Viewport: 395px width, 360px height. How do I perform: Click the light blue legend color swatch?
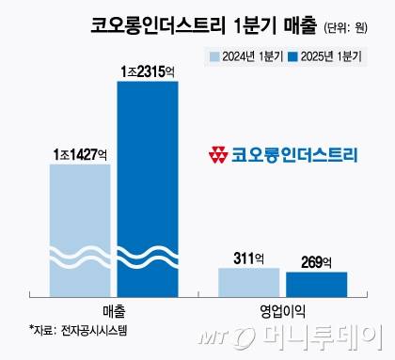[214, 55]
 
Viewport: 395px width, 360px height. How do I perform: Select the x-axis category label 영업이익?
[282, 309]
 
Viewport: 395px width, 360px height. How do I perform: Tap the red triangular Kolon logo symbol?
[218, 152]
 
